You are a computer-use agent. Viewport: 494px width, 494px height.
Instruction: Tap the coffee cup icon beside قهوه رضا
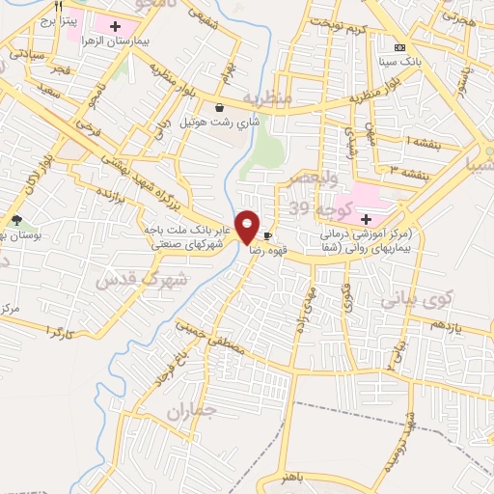pyautogui.click(x=267, y=234)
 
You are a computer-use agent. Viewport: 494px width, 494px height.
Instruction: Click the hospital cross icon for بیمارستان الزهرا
pyautogui.click(x=117, y=26)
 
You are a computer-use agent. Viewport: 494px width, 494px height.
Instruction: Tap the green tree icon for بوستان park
pyautogui.click(x=16, y=221)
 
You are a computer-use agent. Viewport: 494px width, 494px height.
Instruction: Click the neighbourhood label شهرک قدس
pyautogui.click(x=132, y=280)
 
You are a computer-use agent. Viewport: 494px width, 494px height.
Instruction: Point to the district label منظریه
pyautogui.click(x=266, y=98)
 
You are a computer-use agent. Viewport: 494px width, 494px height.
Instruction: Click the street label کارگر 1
pyautogui.click(x=60, y=333)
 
